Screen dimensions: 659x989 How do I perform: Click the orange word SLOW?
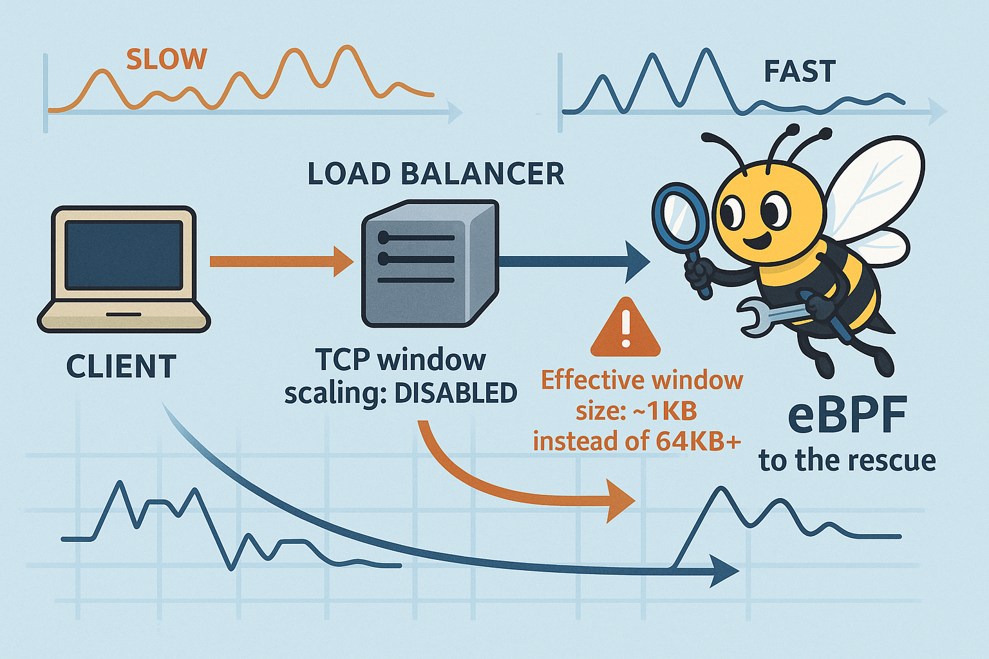coord(166,59)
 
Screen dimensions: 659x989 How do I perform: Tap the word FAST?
coord(800,71)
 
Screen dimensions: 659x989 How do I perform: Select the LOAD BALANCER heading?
coord(436,174)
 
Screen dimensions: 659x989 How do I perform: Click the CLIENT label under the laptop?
coord(121,367)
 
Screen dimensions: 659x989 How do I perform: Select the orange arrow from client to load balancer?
coord(281,261)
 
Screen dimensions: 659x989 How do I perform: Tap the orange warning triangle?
coord(625,329)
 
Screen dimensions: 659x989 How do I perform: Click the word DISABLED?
coord(456,393)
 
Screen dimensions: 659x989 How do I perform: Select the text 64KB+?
coord(699,441)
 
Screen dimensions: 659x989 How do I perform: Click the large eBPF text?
coord(847,415)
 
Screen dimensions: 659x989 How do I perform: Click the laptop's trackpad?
coord(124,314)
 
